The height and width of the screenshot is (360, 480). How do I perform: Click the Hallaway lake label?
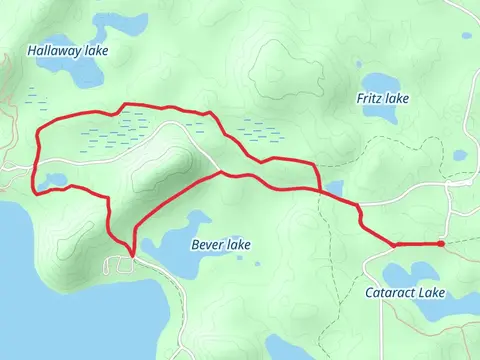68,49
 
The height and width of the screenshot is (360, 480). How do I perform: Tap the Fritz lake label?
383,98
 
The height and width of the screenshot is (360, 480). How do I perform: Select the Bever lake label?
219,245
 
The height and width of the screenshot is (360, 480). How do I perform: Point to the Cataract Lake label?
404,293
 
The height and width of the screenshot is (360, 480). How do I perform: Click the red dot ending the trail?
440,243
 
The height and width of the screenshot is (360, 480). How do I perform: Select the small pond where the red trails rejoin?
332,187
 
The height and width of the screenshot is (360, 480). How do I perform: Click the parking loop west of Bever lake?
121,263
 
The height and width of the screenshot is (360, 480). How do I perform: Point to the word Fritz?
369,98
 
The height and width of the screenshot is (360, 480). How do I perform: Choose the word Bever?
206,245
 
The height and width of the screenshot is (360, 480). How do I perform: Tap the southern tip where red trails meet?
130,254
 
